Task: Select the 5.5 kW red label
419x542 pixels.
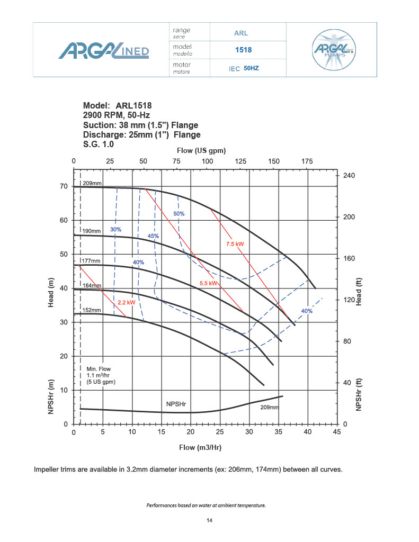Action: tap(209, 284)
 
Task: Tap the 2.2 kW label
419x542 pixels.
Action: tap(126, 303)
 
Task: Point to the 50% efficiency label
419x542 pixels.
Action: tap(179, 214)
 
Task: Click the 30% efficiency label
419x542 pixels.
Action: tap(116, 230)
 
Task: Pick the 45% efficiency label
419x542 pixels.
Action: tap(153, 236)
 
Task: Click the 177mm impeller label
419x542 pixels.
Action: tap(91, 261)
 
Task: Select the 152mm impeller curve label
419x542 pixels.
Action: tap(91, 310)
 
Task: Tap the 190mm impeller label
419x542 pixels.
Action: tap(91, 231)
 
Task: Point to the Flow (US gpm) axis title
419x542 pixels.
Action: tap(204, 151)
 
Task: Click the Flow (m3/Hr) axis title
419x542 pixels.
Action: tap(200, 447)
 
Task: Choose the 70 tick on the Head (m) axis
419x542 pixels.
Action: tap(64, 186)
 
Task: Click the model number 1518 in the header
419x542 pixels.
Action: tap(243, 50)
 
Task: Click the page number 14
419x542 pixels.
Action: tap(209, 521)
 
